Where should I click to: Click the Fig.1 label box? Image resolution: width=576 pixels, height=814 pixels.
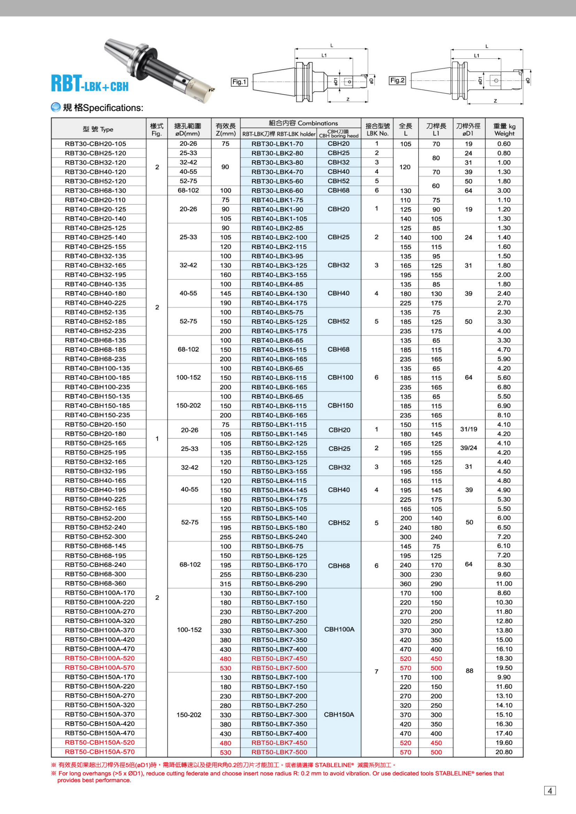239,82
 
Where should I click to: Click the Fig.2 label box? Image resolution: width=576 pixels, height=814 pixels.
397,80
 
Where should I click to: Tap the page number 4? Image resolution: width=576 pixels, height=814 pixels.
550,791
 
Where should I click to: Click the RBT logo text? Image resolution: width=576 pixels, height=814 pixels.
67,84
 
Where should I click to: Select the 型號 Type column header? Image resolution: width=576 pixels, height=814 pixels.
98,129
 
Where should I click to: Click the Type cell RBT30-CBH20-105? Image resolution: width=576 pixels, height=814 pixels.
95,144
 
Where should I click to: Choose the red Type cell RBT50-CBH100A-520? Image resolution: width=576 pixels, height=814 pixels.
100,658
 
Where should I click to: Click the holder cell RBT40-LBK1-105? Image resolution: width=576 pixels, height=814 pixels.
279,219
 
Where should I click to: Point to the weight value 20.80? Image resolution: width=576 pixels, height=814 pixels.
504,752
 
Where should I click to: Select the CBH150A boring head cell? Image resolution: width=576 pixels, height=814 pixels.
339,714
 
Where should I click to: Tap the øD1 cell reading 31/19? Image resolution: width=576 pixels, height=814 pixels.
468,429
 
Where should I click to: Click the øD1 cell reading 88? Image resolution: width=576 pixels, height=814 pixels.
469,670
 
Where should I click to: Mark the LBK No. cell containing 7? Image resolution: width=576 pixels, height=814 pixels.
377,671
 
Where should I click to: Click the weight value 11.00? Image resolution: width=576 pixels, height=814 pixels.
504,584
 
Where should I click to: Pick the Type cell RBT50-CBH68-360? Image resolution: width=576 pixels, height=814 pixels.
95,583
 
